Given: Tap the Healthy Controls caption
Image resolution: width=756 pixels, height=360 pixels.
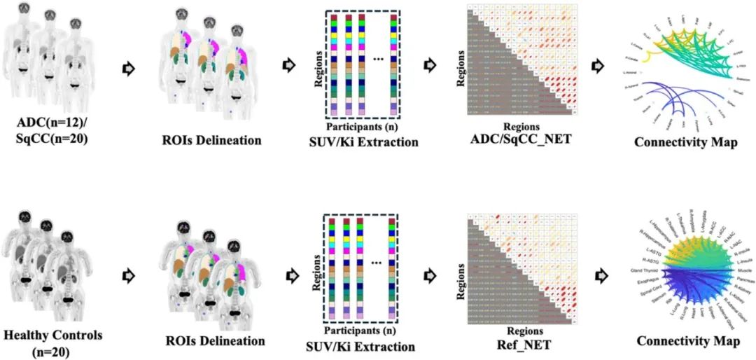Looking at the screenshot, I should click(x=52, y=335).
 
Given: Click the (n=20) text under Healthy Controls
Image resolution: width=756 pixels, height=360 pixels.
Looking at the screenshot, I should click(x=52, y=350).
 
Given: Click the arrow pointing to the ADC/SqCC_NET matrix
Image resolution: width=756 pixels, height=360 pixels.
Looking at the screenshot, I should click(x=430, y=66).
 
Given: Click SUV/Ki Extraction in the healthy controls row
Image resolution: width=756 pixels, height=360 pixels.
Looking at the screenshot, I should click(x=360, y=346).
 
